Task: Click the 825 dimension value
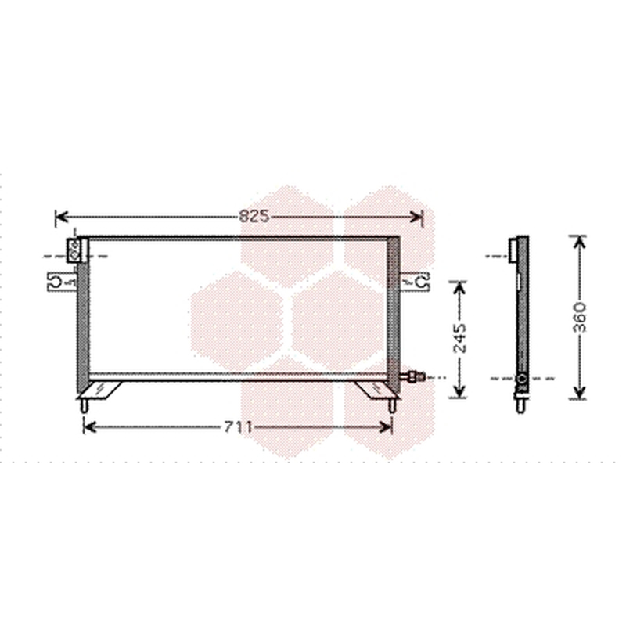[x=254, y=217]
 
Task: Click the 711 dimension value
[x=238, y=427]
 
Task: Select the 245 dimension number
[x=460, y=339]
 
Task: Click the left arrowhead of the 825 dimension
[x=62, y=218]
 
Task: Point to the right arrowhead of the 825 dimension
[x=416, y=218]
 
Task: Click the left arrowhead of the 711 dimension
[x=89, y=427]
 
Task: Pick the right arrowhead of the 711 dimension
[x=386, y=427]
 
